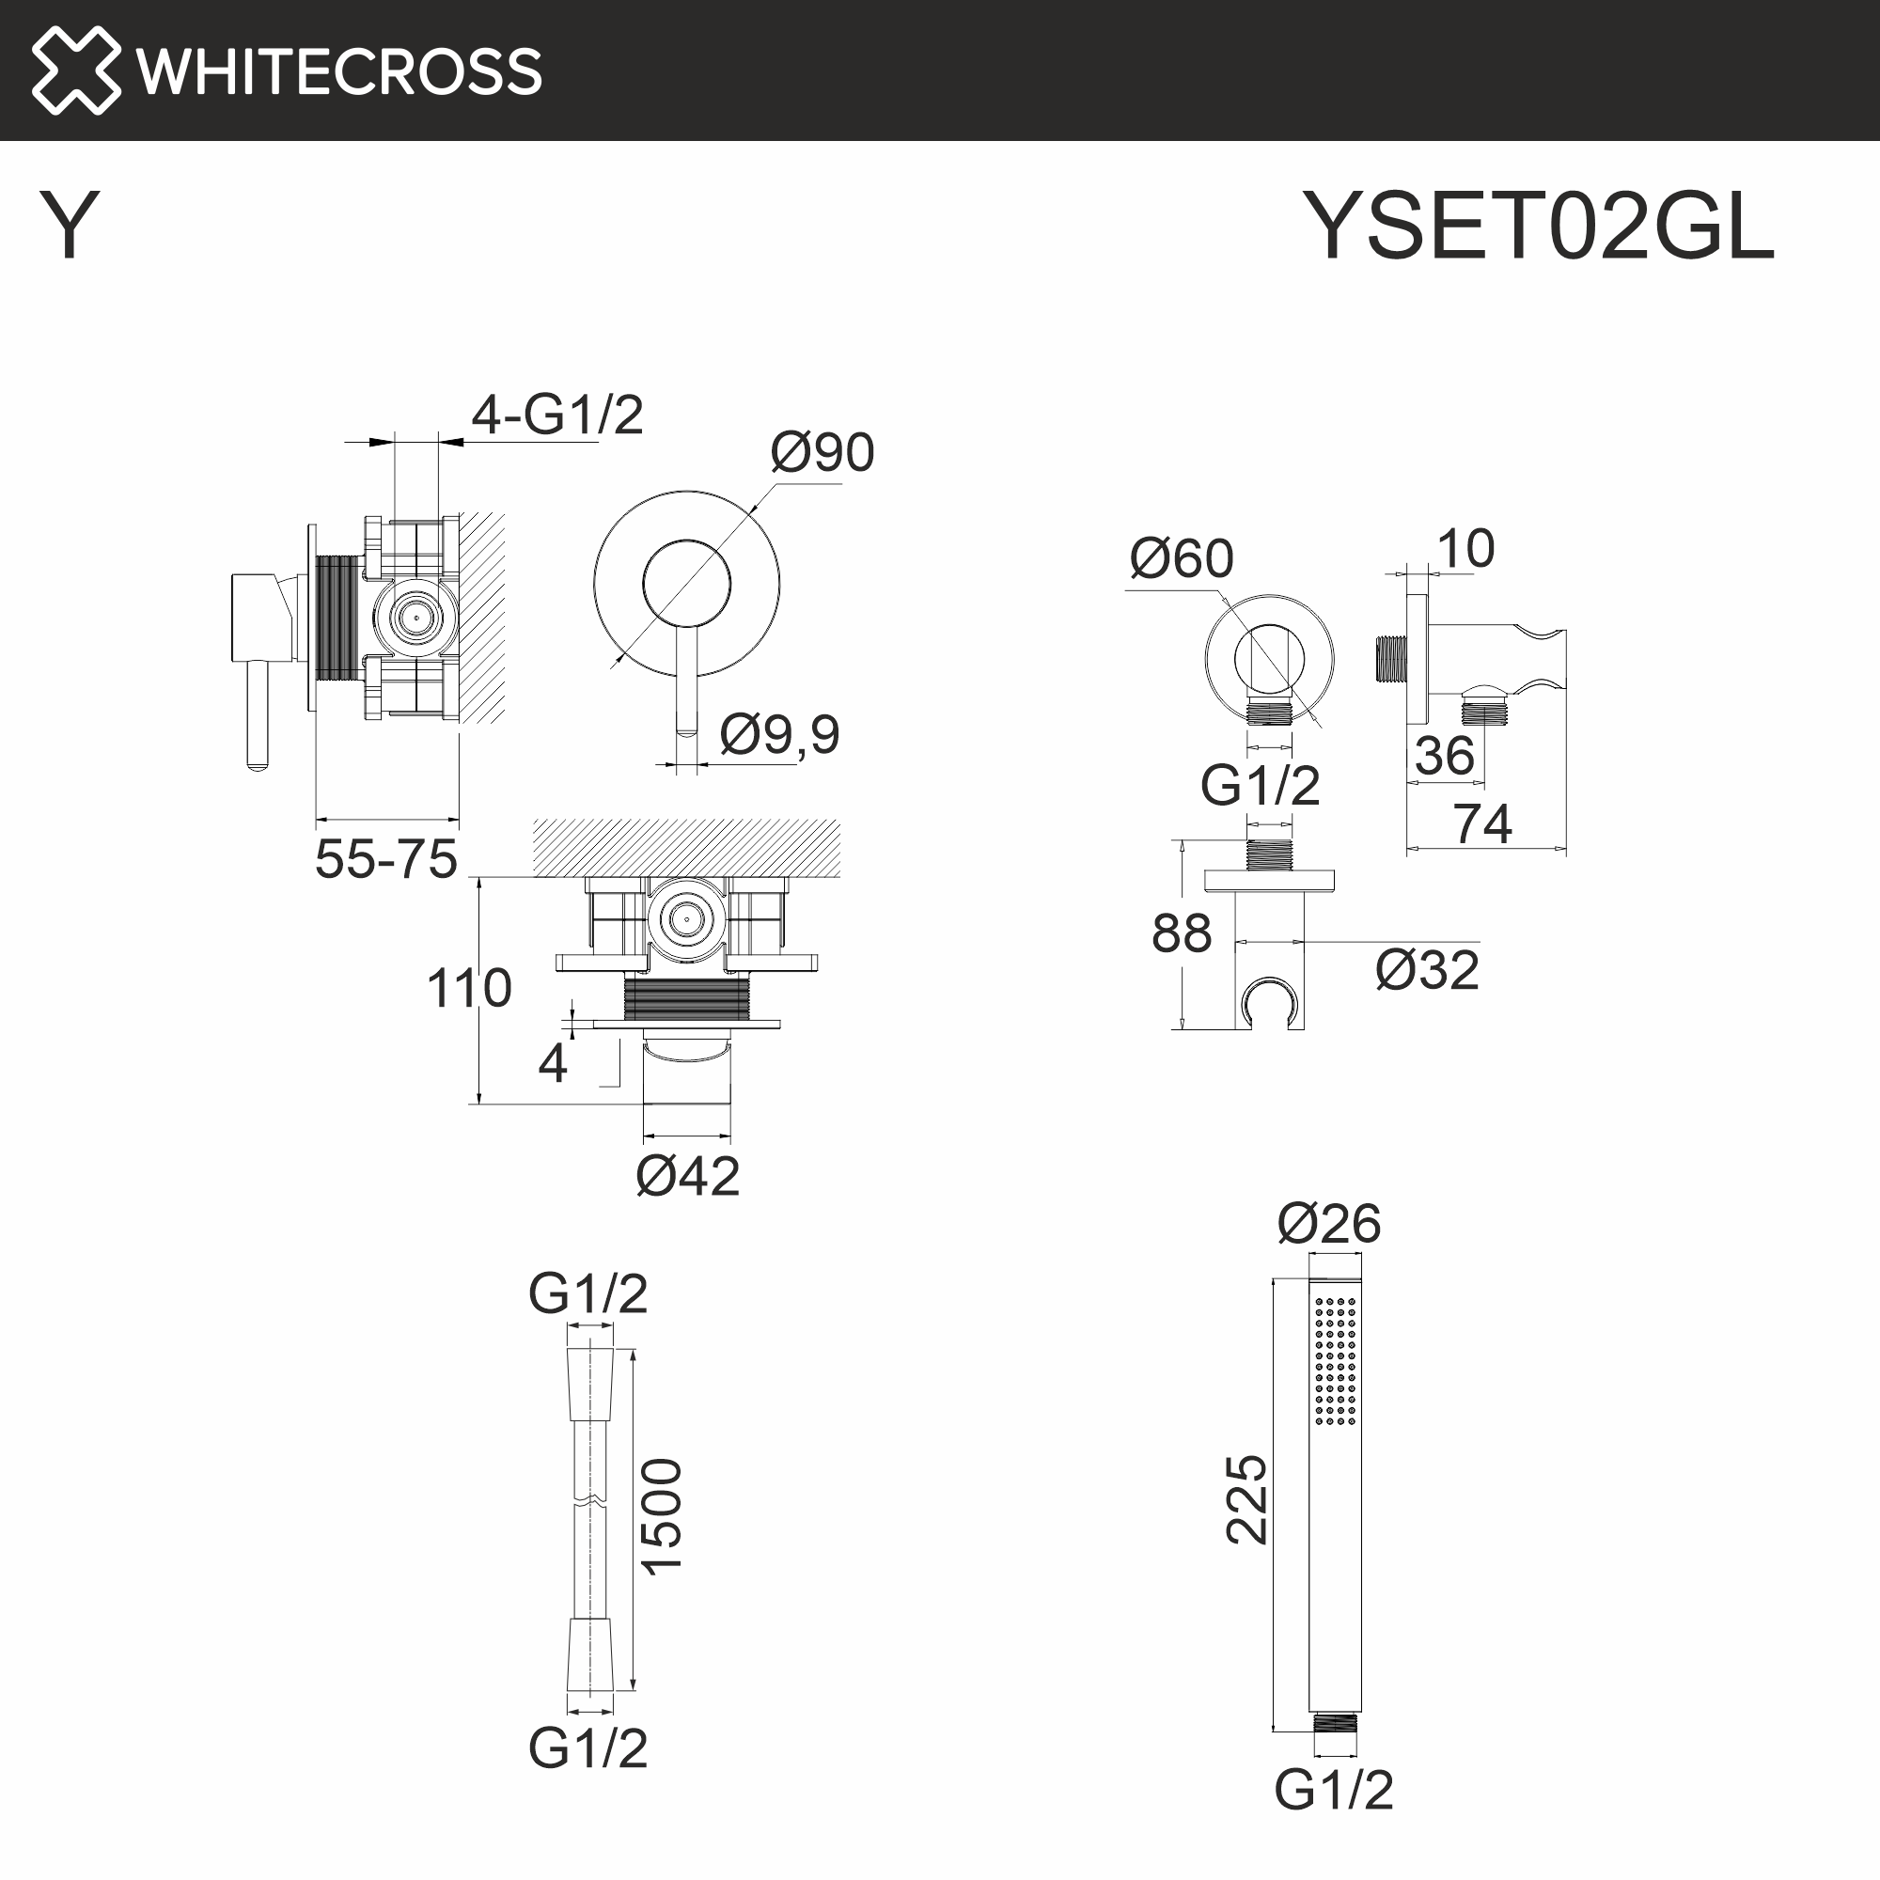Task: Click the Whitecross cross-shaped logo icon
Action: pyautogui.click(x=75, y=70)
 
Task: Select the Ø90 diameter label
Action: pyautogui.click(x=822, y=452)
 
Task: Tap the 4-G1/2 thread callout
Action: pyautogui.click(x=556, y=415)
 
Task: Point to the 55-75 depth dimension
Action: pyautogui.click(x=385, y=859)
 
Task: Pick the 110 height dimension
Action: pyautogui.click(x=468, y=989)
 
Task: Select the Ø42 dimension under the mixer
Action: pyautogui.click(x=687, y=1176)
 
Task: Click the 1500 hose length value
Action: pyautogui.click(x=663, y=1517)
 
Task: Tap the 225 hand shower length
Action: pyautogui.click(x=1246, y=1499)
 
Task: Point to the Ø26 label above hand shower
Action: pyautogui.click(x=1328, y=1223)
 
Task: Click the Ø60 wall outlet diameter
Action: pyautogui.click(x=1181, y=559)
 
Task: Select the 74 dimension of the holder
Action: pyautogui.click(x=1482, y=824)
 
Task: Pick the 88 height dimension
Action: pyautogui.click(x=1181, y=933)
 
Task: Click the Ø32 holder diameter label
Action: pyautogui.click(x=1427, y=971)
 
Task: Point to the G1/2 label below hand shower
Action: pyautogui.click(x=1333, y=1789)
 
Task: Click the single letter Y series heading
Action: pyautogui.click(x=69, y=225)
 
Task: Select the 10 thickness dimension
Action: pyautogui.click(x=1465, y=549)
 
